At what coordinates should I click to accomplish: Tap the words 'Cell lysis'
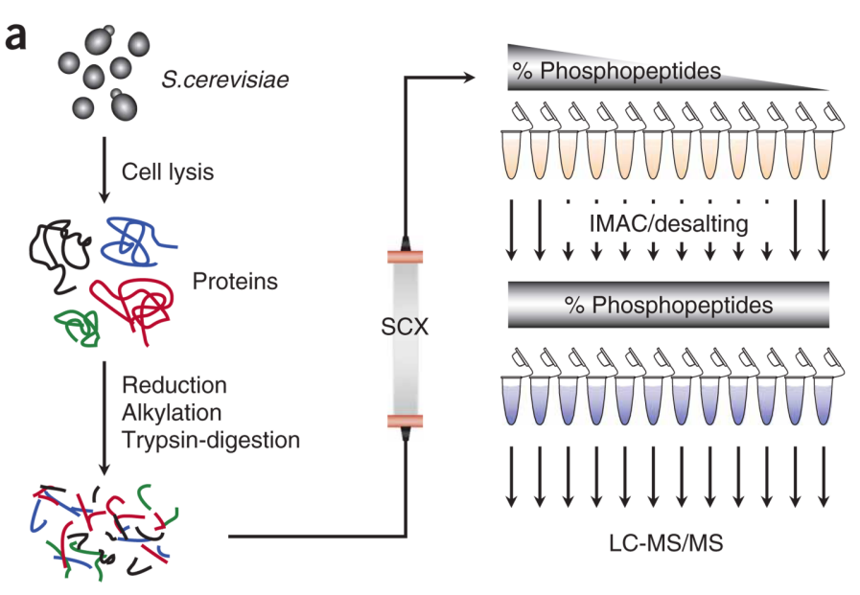[167, 172]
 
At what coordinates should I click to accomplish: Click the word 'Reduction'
[174, 385]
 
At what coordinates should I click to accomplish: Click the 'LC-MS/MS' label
[666, 542]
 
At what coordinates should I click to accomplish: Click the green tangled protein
[78, 325]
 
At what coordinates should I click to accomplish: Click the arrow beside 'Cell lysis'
[103, 172]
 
